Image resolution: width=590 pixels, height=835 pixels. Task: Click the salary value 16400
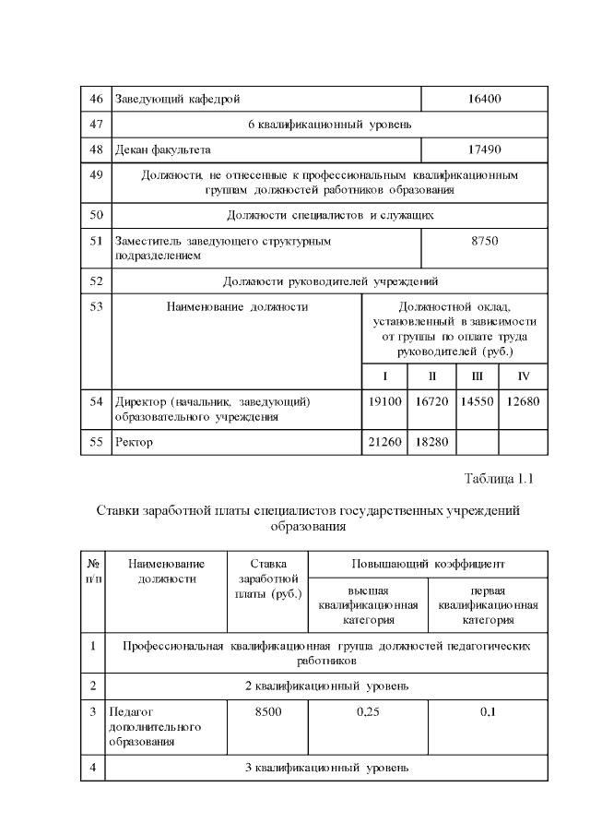(x=484, y=99)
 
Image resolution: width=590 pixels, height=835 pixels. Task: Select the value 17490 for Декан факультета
(x=484, y=149)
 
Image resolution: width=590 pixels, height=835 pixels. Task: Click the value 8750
(x=484, y=241)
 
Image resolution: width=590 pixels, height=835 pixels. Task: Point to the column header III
(x=477, y=376)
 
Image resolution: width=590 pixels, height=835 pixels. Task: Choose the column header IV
(x=524, y=376)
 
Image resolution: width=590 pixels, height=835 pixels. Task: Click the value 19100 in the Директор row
(x=385, y=402)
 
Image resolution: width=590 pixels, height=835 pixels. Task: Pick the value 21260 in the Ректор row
(x=385, y=442)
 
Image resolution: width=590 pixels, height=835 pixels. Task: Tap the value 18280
(x=431, y=442)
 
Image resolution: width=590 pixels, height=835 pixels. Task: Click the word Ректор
(x=134, y=442)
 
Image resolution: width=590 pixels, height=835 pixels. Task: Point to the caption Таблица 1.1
(x=499, y=478)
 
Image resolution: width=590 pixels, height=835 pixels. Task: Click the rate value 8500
(x=267, y=711)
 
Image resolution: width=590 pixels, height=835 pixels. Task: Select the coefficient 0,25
(x=368, y=711)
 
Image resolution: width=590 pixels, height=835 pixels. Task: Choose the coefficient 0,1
(x=488, y=711)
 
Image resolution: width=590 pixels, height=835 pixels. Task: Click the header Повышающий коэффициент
(x=428, y=563)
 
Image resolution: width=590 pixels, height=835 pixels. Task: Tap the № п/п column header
(x=93, y=570)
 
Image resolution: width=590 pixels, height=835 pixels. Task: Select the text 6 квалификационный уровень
(x=329, y=124)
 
